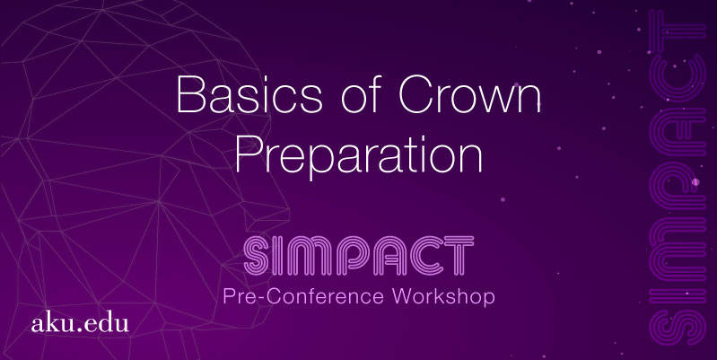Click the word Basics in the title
point(249,94)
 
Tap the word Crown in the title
point(469,94)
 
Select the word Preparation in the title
point(359,156)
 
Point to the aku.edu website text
point(80,323)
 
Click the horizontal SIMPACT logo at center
point(359,255)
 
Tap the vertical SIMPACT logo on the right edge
point(678,178)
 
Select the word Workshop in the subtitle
point(443,296)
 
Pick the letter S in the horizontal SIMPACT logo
point(257,255)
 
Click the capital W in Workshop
point(406,296)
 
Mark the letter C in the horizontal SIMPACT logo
point(426,255)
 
